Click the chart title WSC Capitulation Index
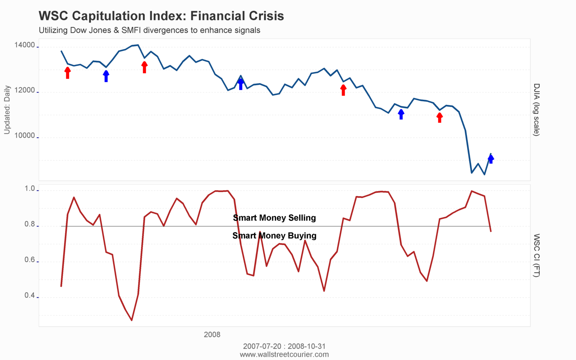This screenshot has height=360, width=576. click(x=161, y=16)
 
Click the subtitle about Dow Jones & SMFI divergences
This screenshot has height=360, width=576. click(x=149, y=30)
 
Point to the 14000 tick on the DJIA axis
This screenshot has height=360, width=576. click(x=25, y=45)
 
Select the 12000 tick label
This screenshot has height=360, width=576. click(x=25, y=91)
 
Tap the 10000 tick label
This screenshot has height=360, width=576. click(x=25, y=136)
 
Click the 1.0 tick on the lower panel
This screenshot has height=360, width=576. click(x=30, y=189)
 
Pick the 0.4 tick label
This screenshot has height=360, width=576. click(x=30, y=296)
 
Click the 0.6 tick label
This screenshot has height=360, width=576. click(x=30, y=260)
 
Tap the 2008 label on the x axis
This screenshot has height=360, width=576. click(x=212, y=335)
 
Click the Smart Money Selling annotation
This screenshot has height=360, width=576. click(x=274, y=218)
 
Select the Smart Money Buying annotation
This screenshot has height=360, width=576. click(x=274, y=235)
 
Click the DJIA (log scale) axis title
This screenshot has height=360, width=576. click(x=537, y=109)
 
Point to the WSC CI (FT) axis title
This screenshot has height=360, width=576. click(x=537, y=255)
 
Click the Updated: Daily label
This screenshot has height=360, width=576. click(x=7, y=109)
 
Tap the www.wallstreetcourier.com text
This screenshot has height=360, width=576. click(x=284, y=355)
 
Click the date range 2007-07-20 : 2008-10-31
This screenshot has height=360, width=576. click(x=284, y=346)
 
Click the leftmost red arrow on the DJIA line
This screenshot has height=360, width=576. click(x=67, y=73)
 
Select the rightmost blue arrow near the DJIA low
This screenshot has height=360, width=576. click(x=491, y=159)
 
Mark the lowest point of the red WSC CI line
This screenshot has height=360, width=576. click(x=132, y=320)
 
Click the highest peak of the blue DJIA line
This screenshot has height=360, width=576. click(x=138, y=45)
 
